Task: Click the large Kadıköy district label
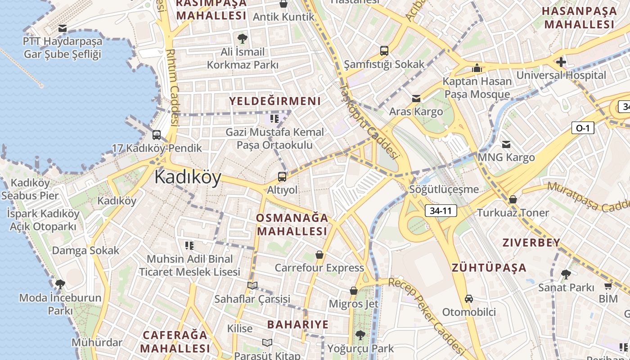[x=188, y=178]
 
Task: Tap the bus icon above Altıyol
[x=282, y=177]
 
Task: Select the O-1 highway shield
[x=583, y=128]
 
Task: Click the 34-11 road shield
[x=441, y=211]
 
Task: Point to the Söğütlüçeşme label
[x=444, y=189]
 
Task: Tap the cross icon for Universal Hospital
[x=561, y=62]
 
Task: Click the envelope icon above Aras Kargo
[x=416, y=98]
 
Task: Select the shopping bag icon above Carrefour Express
[x=319, y=255]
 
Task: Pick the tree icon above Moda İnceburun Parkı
[x=60, y=284]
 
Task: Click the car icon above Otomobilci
[x=469, y=299]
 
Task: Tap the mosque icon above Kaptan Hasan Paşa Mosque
[x=477, y=68]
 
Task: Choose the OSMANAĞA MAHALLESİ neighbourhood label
[x=292, y=225]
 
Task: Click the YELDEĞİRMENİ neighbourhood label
[x=275, y=101]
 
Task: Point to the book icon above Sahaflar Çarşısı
[x=252, y=285]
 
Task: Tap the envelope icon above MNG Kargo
[x=506, y=144]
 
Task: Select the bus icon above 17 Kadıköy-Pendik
[x=157, y=135]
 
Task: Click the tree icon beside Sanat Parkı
[x=566, y=274]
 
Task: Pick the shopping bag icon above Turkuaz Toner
[x=513, y=199]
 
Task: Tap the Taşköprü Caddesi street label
[x=369, y=121]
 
